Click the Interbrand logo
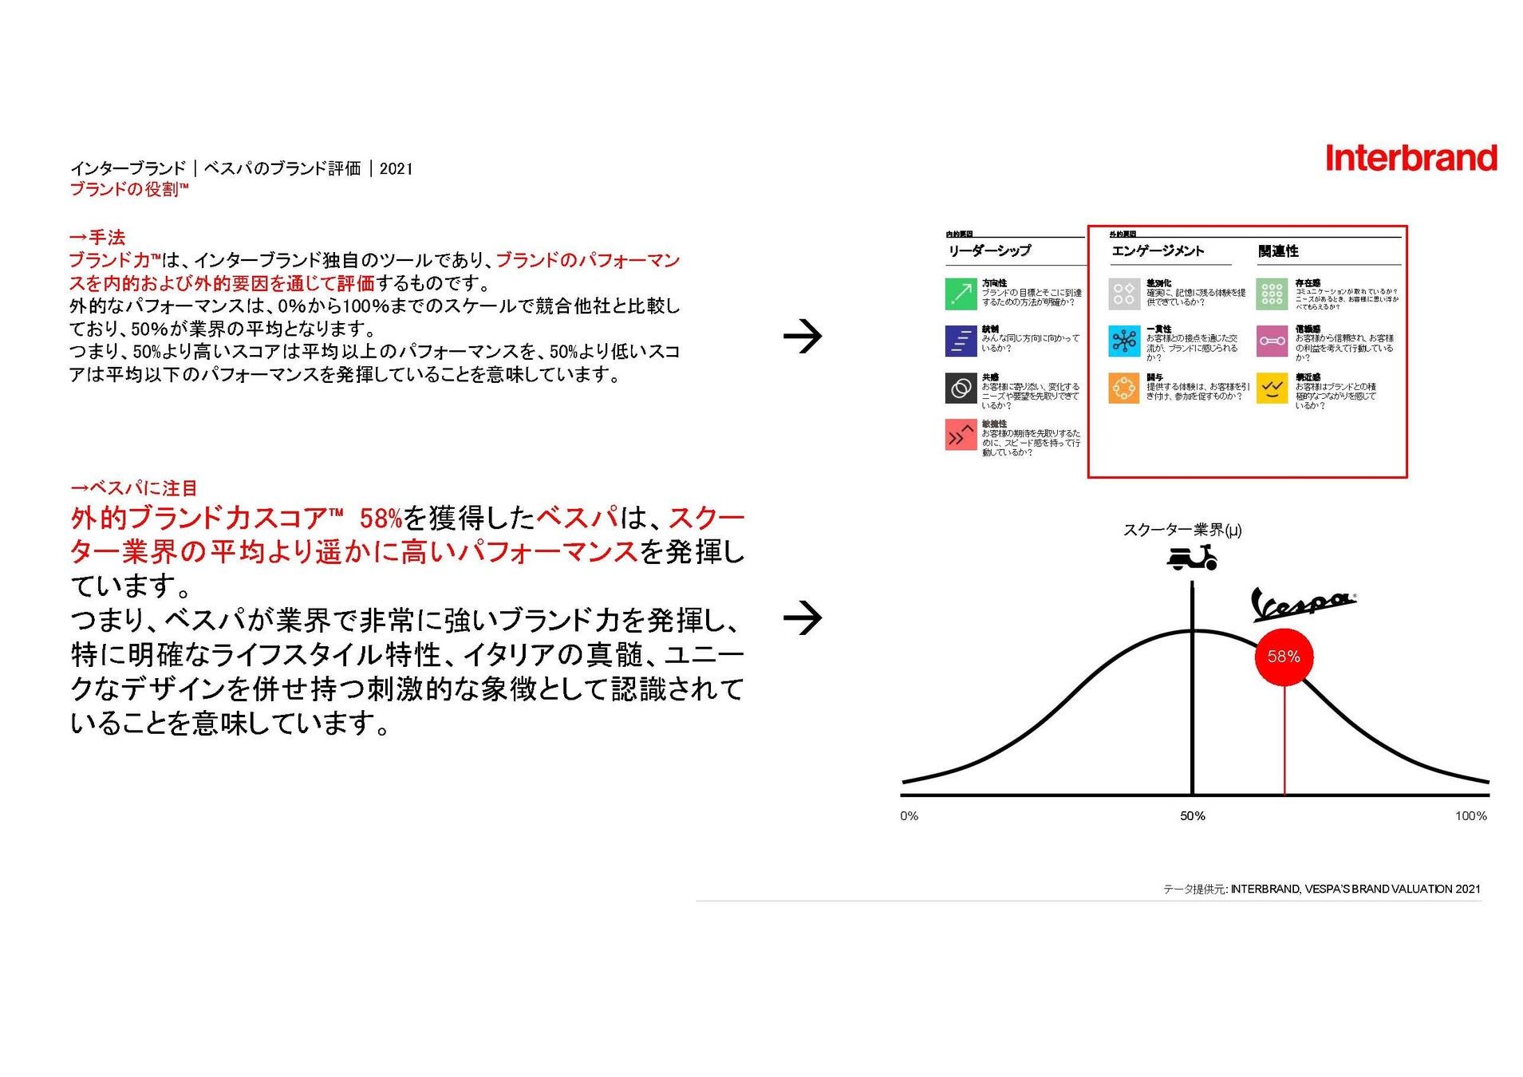pyautogui.click(x=1411, y=158)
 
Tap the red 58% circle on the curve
pyautogui.click(x=1284, y=657)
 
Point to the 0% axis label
pyautogui.click(x=909, y=816)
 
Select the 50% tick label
pyautogui.click(x=1192, y=816)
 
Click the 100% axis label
pyautogui.click(x=1470, y=816)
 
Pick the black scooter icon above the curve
pyautogui.click(x=1192, y=558)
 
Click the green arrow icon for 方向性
pyautogui.click(x=961, y=294)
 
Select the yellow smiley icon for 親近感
pyautogui.click(x=1272, y=389)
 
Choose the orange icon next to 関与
pyautogui.click(x=1123, y=389)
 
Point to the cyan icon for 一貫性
pyautogui.click(x=1123, y=341)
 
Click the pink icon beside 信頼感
pyautogui.click(x=1272, y=341)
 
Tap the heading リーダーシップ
pyautogui.click(x=989, y=251)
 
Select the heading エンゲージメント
pyautogui.click(x=1158, y=251)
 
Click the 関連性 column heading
pyautogui.click(x=1278, y=251)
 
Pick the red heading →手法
pyautogui.click(x=97, y=237)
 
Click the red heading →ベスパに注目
pyautogui.click(x=133, y=487)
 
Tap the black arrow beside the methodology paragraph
pyautogui.click(x=803, y=337)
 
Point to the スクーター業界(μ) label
pyautogui.click(x=1182, y=530)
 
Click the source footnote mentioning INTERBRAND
pyautogui.click(x=1321, y=889)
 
